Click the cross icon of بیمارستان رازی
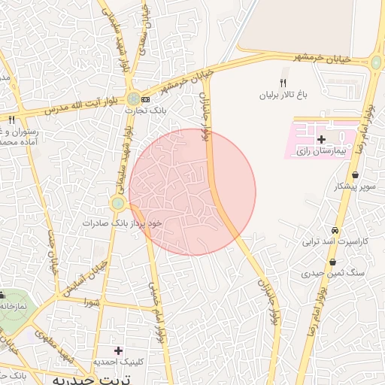pyautogui.click(x=322, y=139)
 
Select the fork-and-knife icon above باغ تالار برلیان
pyautogui.click(x=283, y=83)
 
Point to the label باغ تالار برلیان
pyautogui.click(x=285, y=96)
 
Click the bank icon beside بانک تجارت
pyautogui.click(x=146, y=99)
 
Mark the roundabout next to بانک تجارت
pyautogui.click(x=133, y=99)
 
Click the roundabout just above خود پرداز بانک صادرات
pyautogui.click(x=117, y=203)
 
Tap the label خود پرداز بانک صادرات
pyautogui.click(x=123, y=223)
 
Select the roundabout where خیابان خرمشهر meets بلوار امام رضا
pyautogui.click(x=376, y=63)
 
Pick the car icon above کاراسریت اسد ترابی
pyautogui.click(x=335, y=231)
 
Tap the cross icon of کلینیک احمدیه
pyautogui.click(x=118, y=350)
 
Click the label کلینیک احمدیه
pyautogui.click(x=117, y=362)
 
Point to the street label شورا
pyautogui.click(x=92, y=303)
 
